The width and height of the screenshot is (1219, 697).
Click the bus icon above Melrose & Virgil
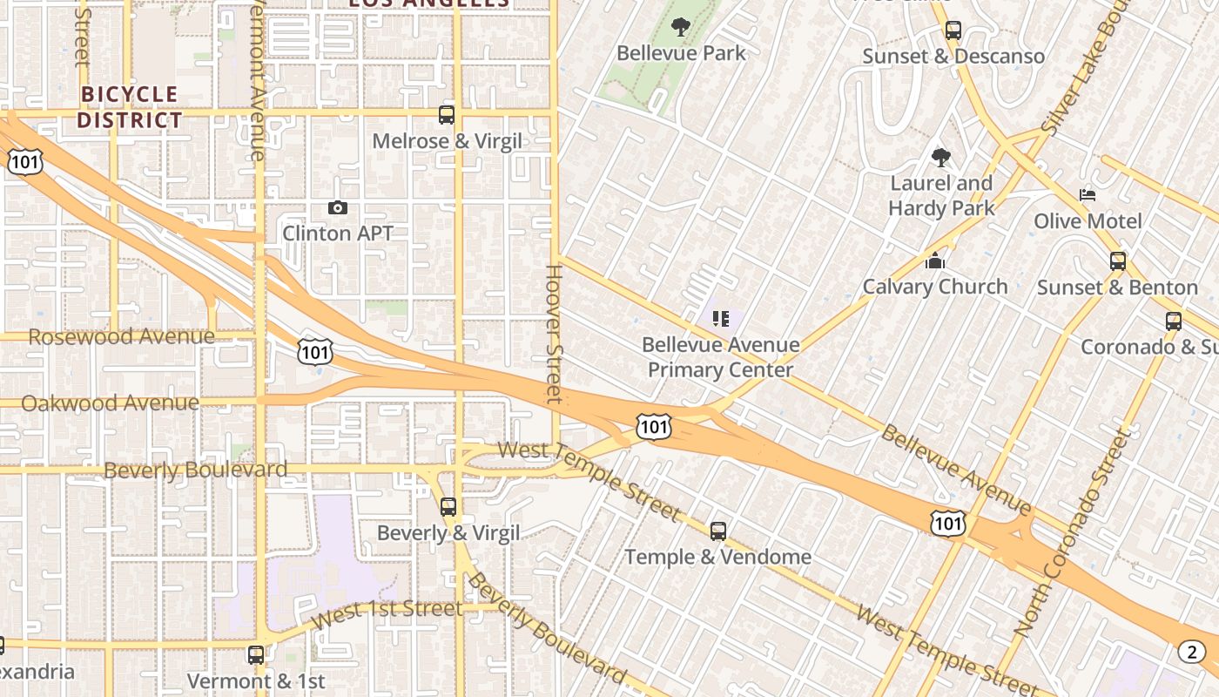pos(447,114)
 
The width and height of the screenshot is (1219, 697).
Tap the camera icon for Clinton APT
pos(338,207)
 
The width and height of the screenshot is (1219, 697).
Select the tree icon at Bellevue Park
pos(681,27)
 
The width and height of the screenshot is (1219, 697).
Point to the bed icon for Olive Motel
pos(1088,194)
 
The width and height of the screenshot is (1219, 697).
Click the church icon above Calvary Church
pos(935,261)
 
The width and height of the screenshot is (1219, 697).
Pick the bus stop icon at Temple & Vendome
pos(718,531)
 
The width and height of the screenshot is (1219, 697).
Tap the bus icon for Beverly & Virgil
pos(448,506)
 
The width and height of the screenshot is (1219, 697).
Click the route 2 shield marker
pos(1192,651)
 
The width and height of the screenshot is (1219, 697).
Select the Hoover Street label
pos(554,334)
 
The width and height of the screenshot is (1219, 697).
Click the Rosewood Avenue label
pos(121,336)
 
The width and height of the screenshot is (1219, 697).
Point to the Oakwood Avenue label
pos(110,403)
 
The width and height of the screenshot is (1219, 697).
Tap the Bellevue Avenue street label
pos(955,470)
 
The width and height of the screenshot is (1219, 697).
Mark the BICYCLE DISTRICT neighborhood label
pos(130,107)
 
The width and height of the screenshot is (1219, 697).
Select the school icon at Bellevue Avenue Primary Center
pos(721,319)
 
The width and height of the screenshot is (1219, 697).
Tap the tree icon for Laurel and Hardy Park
pos(940,158)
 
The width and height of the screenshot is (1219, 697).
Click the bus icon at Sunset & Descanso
pos(953,30)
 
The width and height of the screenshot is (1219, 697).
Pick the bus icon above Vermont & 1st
pos(256,654)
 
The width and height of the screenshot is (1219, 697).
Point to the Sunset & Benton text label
pos(1117,288)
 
